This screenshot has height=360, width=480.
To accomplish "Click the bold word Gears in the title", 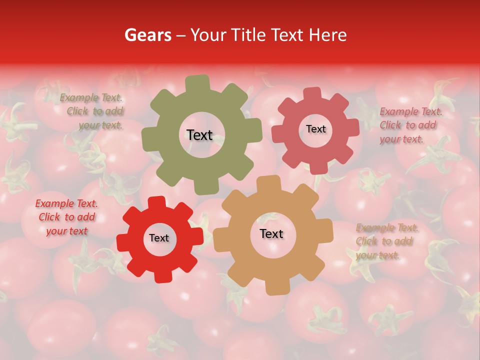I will (147, 35).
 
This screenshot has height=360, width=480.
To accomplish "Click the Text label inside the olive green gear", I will (199, 135).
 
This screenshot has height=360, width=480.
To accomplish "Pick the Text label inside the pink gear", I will (315, 129).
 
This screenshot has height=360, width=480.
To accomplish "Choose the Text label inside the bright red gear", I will (159, 238).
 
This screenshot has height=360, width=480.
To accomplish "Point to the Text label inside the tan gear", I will (271, 234).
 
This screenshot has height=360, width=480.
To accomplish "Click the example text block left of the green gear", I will (93, 111).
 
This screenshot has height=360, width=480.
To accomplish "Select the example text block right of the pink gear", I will (409, 125).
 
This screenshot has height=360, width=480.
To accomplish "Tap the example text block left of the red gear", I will (66, 217).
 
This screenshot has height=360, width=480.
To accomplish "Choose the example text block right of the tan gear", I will (386, 241).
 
